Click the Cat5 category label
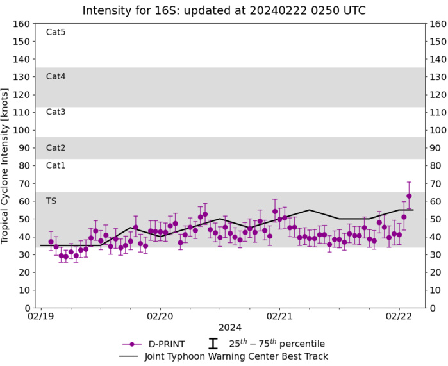tap(56, 33)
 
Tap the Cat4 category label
tap(56, 77)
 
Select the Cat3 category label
tap(56, 112)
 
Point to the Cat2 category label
tap(56, 148)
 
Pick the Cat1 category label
tap(56, 165)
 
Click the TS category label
tap(52, 201)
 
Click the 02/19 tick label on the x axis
tap(41, 317)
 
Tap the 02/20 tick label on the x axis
tap(160, 317)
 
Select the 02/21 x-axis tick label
tap(279, 317)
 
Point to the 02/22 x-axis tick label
tap(399, 317)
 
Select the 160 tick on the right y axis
tap(438, 24)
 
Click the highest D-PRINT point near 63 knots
tap(409, 196)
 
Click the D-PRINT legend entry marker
tap(131, 344)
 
